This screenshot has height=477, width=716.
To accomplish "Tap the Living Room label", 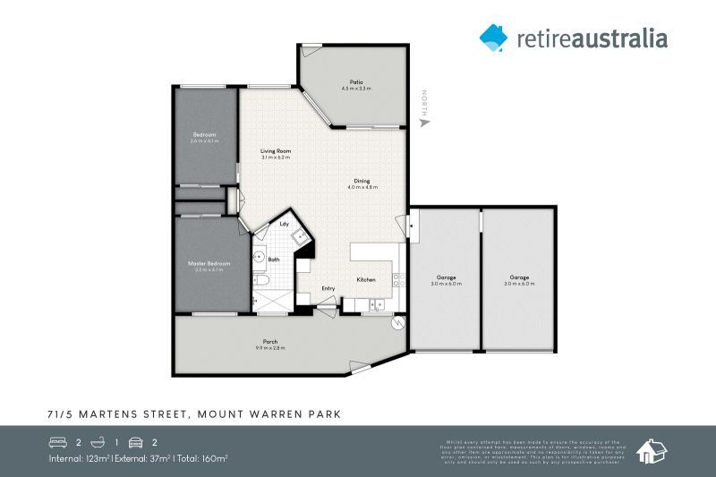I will tap(276, 151).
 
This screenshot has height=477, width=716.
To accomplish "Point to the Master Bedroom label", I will tap(209, 263).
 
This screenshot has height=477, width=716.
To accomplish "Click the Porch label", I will tap(269, 342).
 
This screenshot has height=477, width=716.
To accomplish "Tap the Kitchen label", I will tap(365, 280).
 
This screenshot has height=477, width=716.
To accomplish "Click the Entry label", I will tap(328, 288).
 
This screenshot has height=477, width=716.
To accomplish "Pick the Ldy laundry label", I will tap(284, 224).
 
